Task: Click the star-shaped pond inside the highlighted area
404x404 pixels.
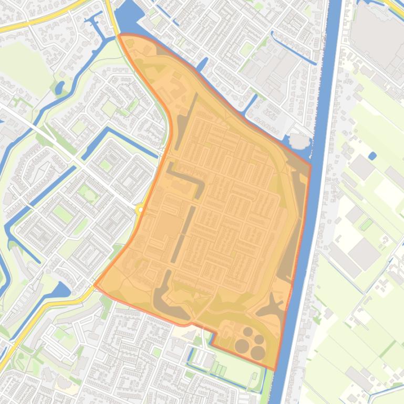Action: point(272,306)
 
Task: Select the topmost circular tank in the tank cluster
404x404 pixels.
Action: point(247,332)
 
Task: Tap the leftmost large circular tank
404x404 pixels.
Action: point(242,346)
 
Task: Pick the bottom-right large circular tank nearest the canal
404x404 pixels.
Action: point(258,353)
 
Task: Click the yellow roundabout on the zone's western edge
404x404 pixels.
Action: point(140,209)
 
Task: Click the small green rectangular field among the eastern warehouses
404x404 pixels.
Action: point(366,225)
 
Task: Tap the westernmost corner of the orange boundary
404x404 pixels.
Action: point(95,284)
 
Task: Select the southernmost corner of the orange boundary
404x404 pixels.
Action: point(274,369)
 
